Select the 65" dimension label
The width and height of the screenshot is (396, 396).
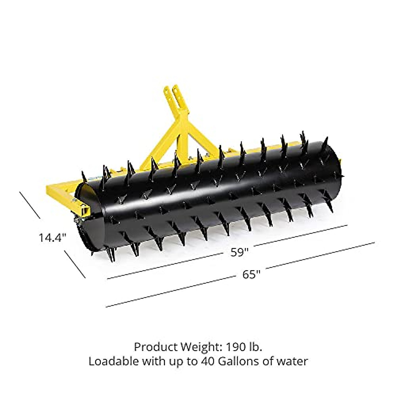tap(251, 275)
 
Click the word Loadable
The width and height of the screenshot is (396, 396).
tap(114, 361)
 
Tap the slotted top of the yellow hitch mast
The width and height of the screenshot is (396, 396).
tap(172, 94)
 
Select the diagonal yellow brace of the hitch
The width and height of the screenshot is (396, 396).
tap(158, 145)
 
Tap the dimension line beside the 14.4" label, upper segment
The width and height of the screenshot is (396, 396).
tap(30, 205)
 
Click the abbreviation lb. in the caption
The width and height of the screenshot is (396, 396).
tap(256, 347)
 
